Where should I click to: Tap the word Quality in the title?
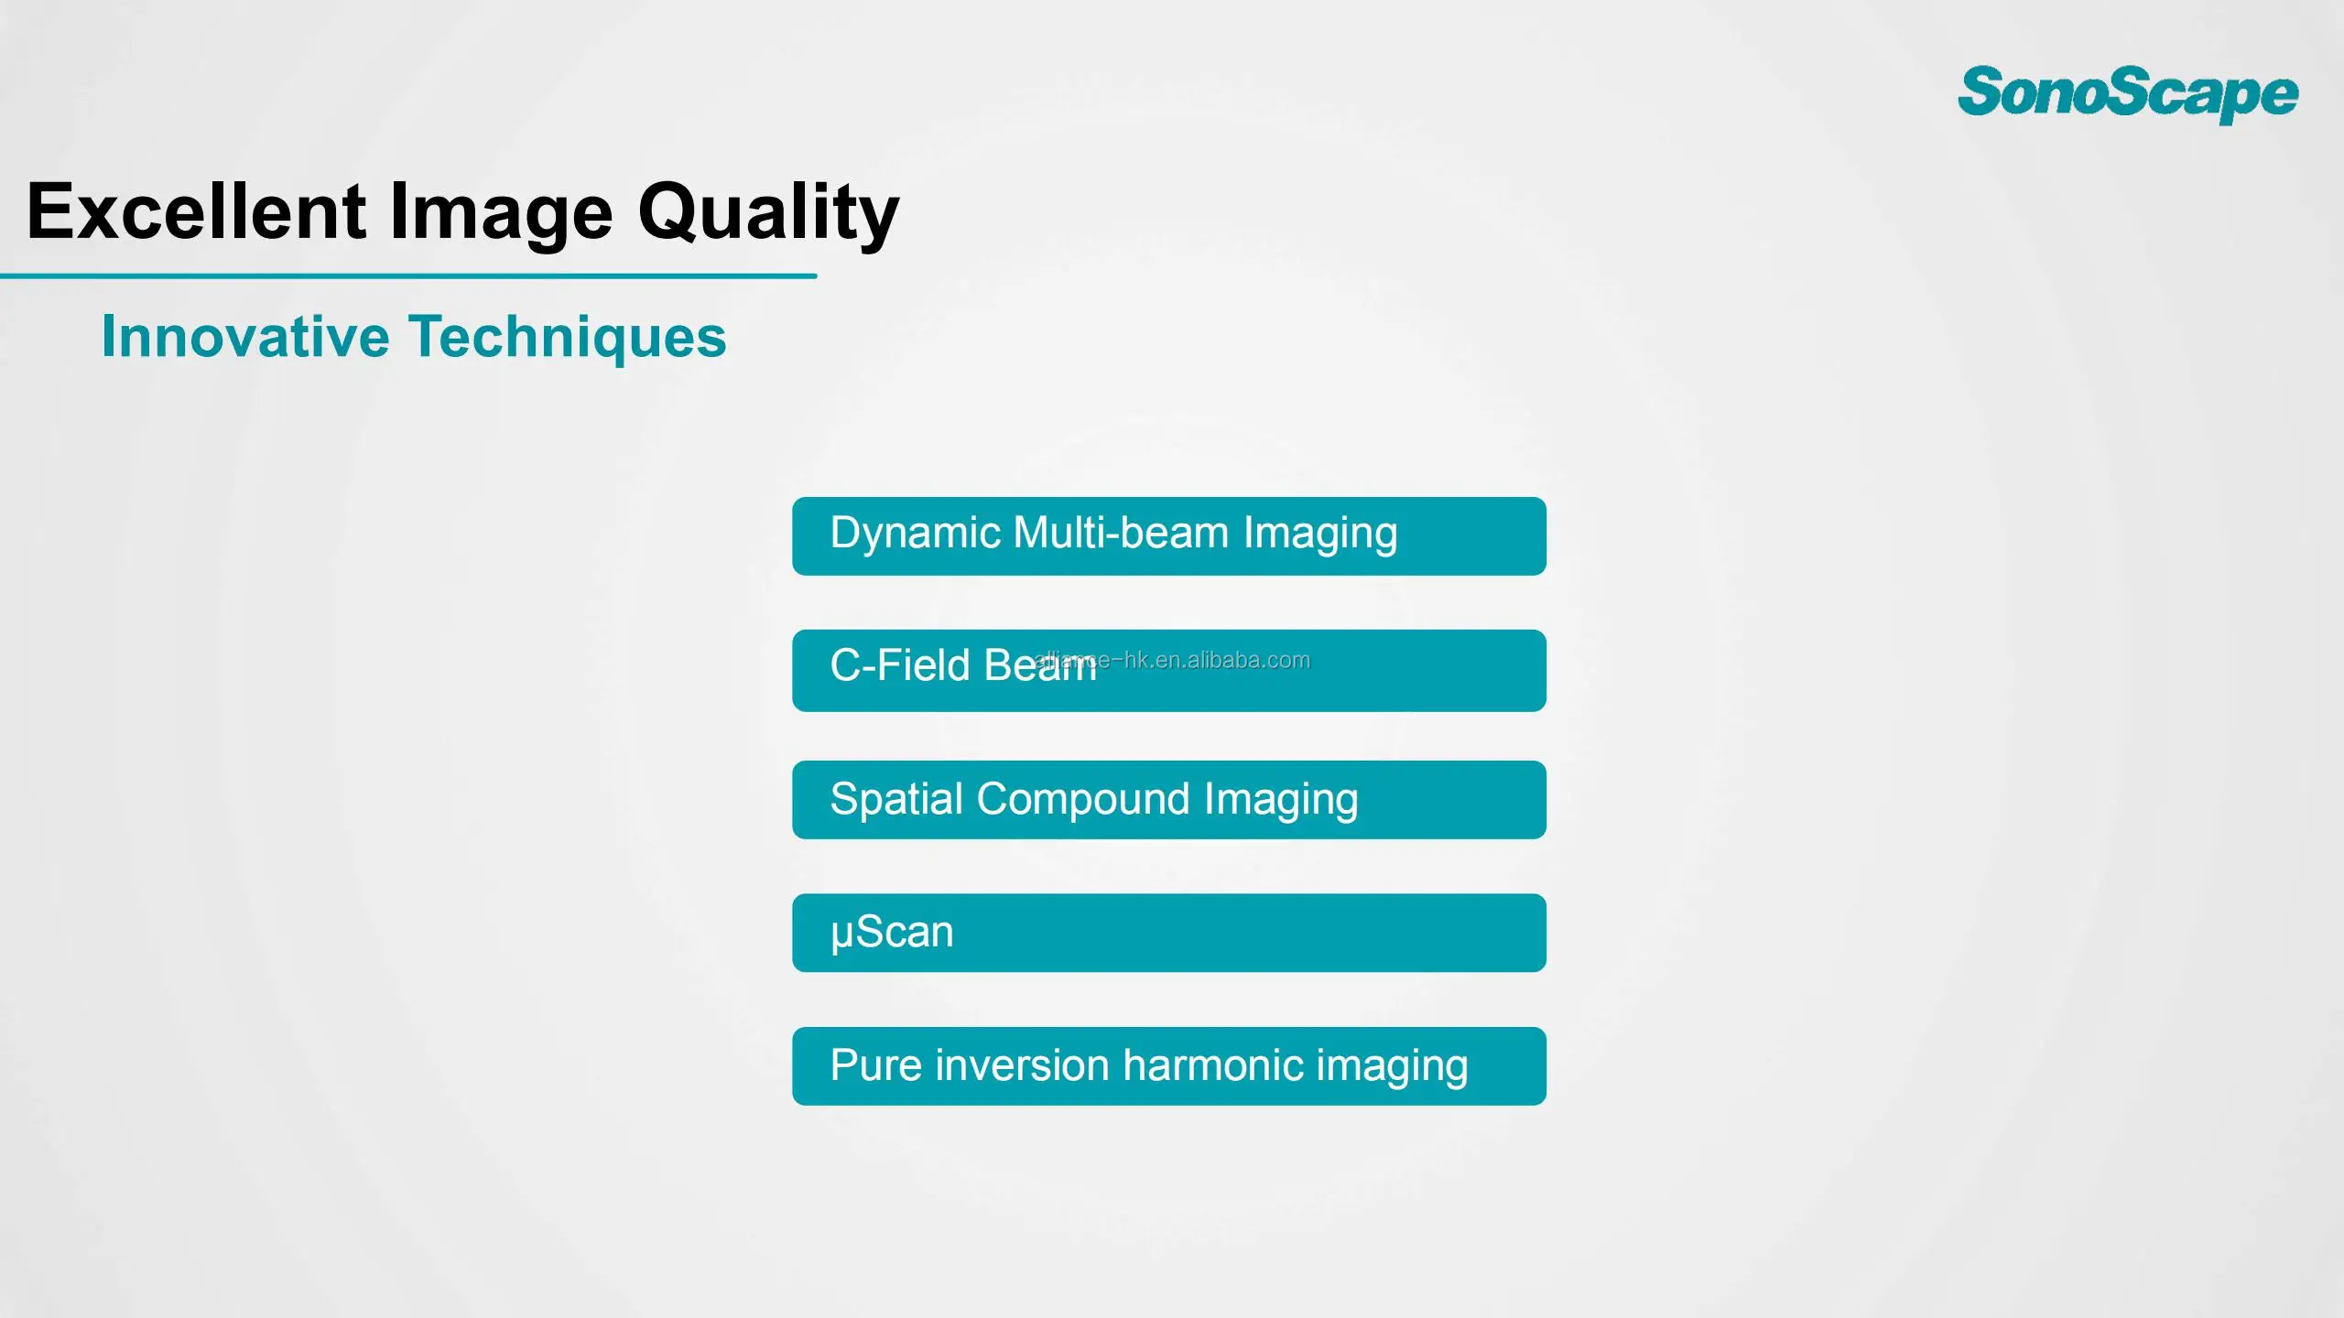pos(768,214)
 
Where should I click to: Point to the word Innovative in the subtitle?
pos(245,336)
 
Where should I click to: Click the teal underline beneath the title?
pos(408,275)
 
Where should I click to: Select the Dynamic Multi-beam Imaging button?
pos(1169,536)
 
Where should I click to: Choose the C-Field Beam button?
pos(1169,670)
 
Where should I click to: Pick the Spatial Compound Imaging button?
pos(1169,800)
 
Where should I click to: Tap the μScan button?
pos(1169,933)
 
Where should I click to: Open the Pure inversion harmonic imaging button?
pos(1169,1066)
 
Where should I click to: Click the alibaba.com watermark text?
pos(1172,660)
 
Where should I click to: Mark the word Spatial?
pos(896,800)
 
